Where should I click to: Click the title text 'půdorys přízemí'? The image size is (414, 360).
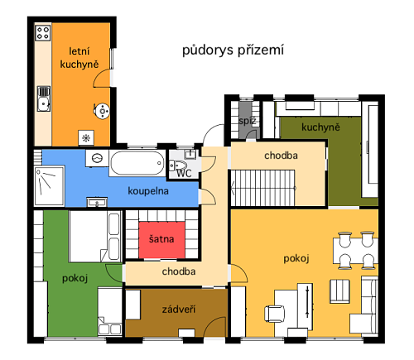click(233, 50)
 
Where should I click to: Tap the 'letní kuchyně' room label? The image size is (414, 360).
click(79, 58)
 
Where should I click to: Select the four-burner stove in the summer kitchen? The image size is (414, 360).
click(43, 33)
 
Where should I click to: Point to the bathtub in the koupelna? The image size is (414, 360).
click(137, 163)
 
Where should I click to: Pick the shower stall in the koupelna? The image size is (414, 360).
click(50, 185)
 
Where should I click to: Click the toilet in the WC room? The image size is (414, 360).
click(177, 166)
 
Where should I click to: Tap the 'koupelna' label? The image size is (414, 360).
click(148, 191)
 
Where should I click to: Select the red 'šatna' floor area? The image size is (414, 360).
click(161, 239)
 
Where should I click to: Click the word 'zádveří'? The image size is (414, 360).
click(179, 310)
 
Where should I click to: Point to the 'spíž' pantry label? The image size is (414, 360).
click(247, 121)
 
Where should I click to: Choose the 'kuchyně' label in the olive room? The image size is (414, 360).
click(320, 127)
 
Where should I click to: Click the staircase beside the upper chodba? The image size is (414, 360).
click(262, 188)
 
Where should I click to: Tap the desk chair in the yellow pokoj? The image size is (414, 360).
click(274, 314)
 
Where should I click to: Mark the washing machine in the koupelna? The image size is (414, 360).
click(97, 158)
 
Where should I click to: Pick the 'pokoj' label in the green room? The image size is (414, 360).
click(75, 278)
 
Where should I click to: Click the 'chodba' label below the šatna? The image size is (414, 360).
click(179, 271)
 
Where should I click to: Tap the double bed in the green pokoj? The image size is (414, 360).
click(95, 237)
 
